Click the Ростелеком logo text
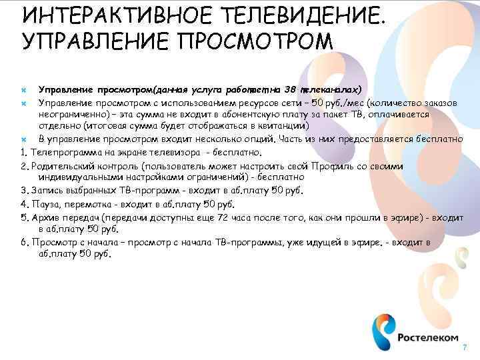pos(429,337)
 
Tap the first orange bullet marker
pos(23,89)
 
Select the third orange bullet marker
pos(23,139)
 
